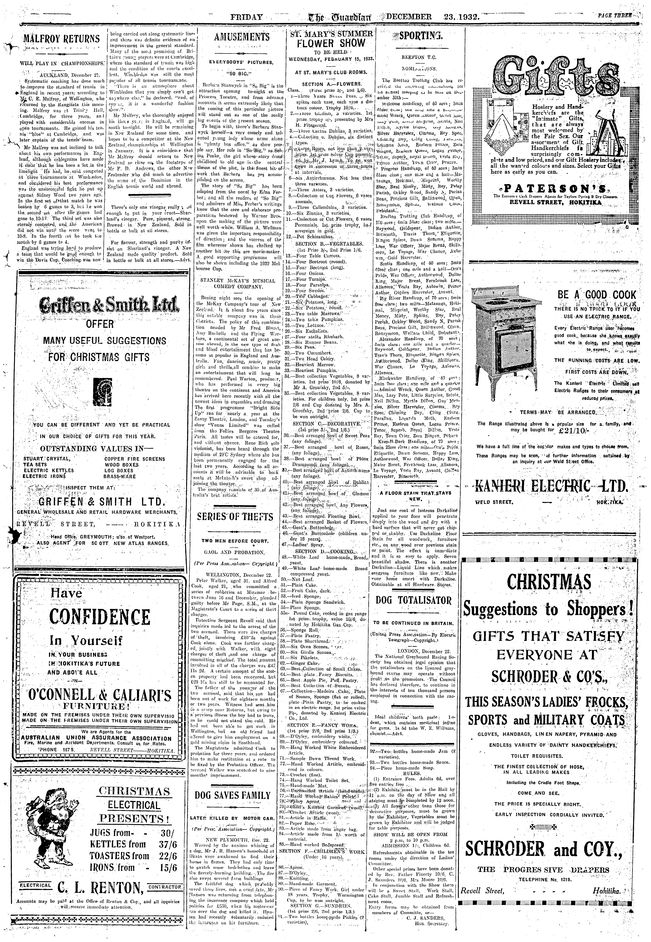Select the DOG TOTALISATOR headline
(x=414, y=600)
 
